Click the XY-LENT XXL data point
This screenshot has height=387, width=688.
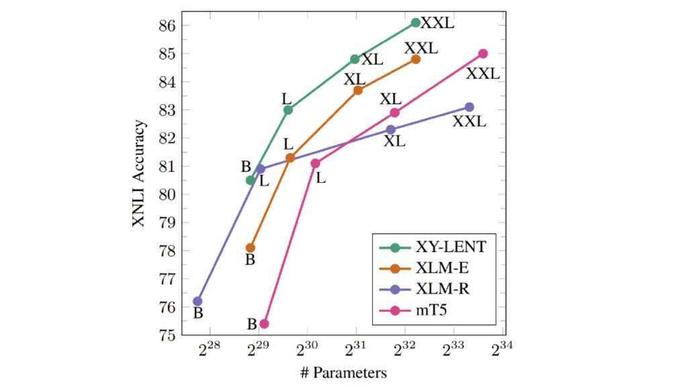[416, 23]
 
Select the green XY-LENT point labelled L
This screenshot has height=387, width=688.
[288, 110]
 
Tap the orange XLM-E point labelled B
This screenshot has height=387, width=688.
[251, 248]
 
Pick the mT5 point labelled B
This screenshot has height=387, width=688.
[264, 324]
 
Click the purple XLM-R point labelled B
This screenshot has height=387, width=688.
[198, 301]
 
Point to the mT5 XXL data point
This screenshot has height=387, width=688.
[483, 54]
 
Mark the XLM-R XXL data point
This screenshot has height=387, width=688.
[469, 107]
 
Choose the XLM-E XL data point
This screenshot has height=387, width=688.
[358, 90]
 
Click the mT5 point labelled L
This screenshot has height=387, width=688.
[315, 163]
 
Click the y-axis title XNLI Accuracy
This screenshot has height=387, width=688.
[138, 174]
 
